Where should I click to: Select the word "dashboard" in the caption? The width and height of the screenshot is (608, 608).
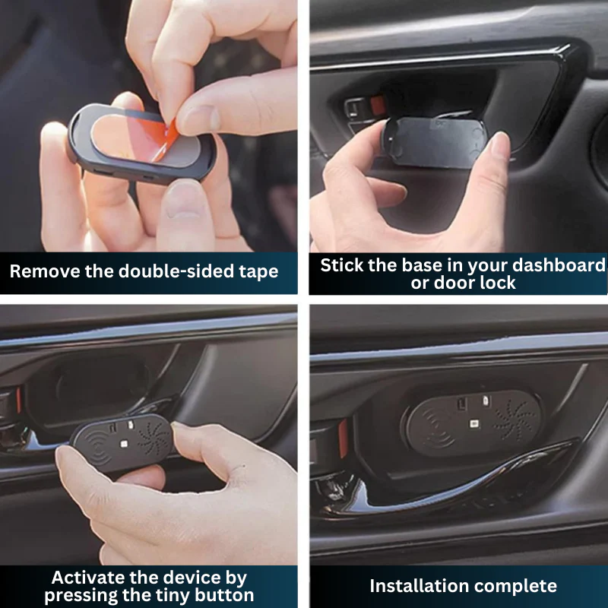pyautogui.click(x=559, y=265)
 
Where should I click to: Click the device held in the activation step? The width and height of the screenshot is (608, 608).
pyautogui.click(x=122, y=442)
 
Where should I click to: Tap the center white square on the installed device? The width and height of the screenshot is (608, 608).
pyautogui.click(x=473, y=424)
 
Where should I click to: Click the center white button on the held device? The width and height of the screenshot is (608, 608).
pyautogui.click(x=124, y=444)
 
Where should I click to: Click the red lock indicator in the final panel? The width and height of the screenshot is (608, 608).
pyautogui.click(x=344, y=439)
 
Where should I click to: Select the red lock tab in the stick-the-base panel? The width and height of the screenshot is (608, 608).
pyautogui.click(x=377, y=106)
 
